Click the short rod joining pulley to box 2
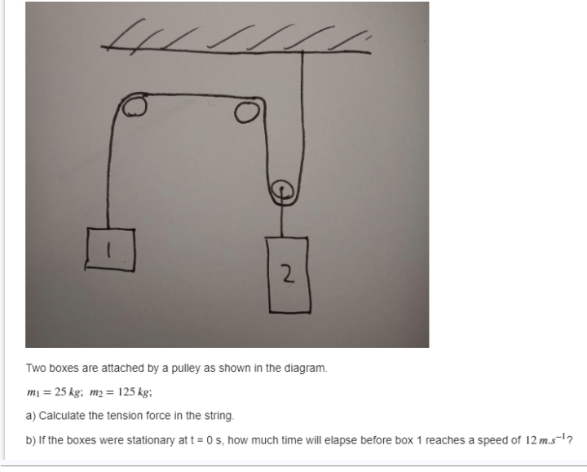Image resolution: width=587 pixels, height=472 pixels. point(283,218)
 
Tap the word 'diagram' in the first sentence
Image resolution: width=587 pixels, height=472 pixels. point(308,368)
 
